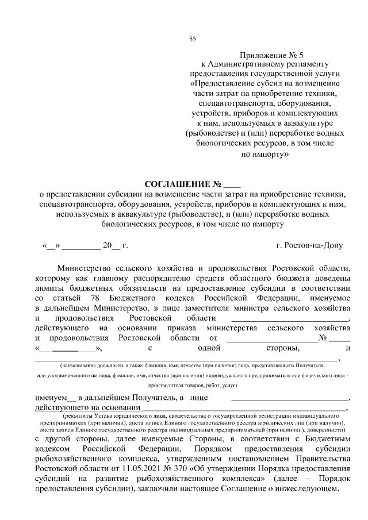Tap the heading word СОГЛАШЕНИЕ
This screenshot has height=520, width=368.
[178, 184]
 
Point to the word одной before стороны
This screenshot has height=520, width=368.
[210, 347]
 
